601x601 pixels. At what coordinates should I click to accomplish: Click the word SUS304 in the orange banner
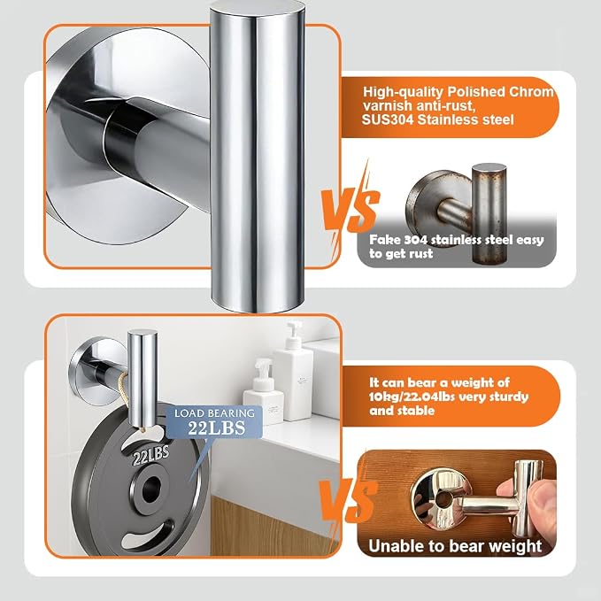388,119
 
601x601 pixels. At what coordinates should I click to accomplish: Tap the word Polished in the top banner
476,91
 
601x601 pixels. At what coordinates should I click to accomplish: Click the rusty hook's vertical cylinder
489,213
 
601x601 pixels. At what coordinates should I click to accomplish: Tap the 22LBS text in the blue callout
217,428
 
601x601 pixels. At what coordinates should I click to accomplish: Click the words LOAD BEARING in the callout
214,412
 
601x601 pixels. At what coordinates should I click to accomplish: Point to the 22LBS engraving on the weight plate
150,455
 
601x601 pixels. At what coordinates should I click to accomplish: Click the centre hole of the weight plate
151,489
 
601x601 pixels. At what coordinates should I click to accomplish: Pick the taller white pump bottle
293,369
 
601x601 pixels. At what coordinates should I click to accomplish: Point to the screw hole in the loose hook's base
444,499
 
